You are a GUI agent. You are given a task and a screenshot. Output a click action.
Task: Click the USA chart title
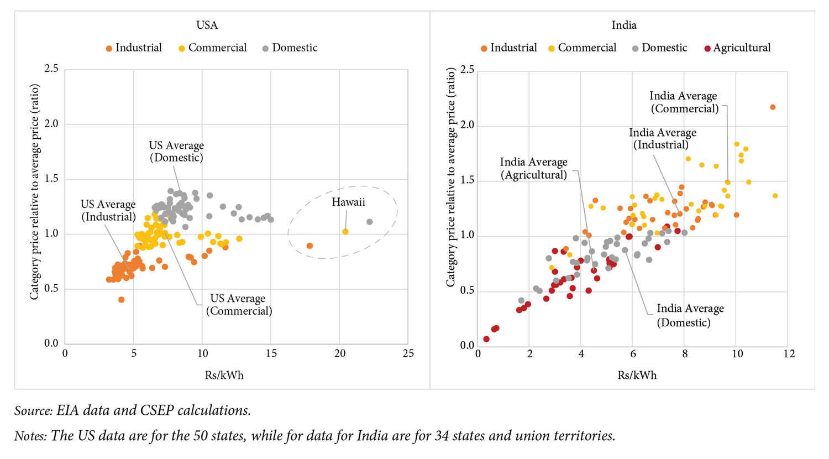click(x=207, y=25)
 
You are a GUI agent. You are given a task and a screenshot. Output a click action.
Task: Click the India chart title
click(x=624, y=25)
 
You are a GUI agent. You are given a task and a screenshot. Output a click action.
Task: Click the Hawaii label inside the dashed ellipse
click(x=348, y=202)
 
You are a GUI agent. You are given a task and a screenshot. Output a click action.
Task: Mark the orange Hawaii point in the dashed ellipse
click(x=309, y=246)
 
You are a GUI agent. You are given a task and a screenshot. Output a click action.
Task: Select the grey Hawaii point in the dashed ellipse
click(x=370, y=222)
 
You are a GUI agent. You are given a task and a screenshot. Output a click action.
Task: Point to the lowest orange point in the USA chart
click(x=122, y=300)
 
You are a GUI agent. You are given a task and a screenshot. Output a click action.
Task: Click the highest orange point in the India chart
click(x=773, y=107)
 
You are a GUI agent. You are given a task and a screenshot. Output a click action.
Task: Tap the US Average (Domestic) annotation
click(x=176, y=152)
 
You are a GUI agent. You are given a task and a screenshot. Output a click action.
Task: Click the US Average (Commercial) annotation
click(x=239, y=305)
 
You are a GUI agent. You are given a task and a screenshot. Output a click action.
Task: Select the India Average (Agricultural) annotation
click(x=533, y=169)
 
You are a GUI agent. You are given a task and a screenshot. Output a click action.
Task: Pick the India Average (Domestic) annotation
click(x=690, y=315)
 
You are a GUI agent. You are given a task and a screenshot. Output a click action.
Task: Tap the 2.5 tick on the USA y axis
click(x=51, y=70)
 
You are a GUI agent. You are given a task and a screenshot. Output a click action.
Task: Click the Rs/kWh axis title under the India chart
click(x=637, y=375)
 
